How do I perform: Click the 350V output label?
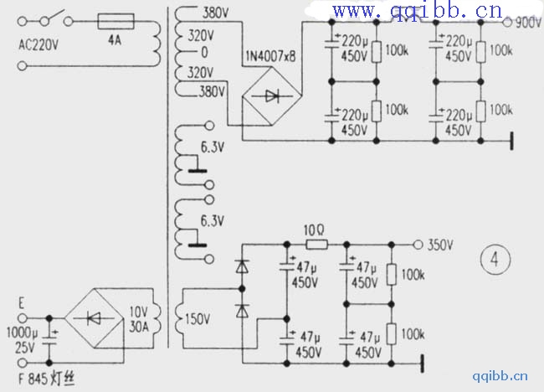pos(439,245)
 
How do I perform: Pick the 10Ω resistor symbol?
pos(316,245)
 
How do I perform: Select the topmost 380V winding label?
pos(216,13)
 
